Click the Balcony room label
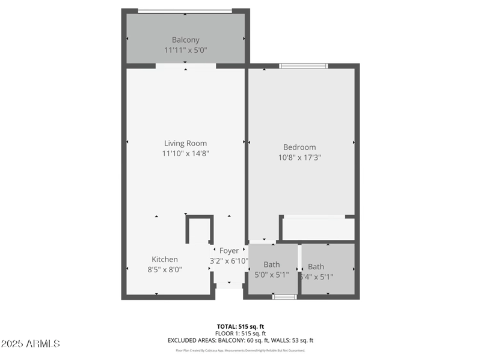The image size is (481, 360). pyautogui.click(x=185, y=40)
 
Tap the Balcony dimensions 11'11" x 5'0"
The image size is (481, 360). pyautogui.click(x=185, y=50)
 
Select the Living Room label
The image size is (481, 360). pyautogui.click(x=185, y=143)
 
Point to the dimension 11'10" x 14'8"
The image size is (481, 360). pyautogui.click(x=185, y=153)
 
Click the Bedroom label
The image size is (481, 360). pyautogui.click(x=299, y=147)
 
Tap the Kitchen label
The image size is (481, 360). pyautogui.click(x=164, y=260)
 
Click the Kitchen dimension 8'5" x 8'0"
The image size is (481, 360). pyautogui.click(x=164, y=270)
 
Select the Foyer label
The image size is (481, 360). pyautogui.click(x=228, y=251)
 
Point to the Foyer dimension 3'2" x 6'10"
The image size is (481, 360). pyautogui.click(x=228, y=261)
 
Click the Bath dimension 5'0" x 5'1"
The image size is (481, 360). pyautogui.click(x=272, y=275)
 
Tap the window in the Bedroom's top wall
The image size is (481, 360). pyautogui.click(x=303, y=66)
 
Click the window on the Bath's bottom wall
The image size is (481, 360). pyautogui.click(x=284, y=296)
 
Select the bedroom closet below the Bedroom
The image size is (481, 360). pyautogui.click(x=318, y=228)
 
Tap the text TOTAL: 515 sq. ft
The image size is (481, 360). pyautogui.click(x=240, y=326)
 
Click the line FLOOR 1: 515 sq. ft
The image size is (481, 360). pyautogui.click(x=240, y=333)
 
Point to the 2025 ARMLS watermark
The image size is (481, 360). pyautogui.click(x=30, y=344)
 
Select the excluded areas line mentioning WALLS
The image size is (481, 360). pyautogui.click(x=240, y=340)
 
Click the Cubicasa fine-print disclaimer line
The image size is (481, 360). pyautogui.click(x=240, y=350)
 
